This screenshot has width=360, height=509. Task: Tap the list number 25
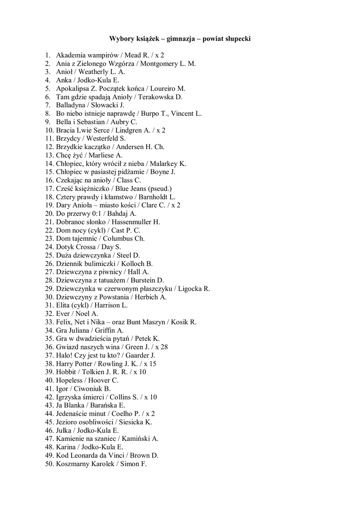49,255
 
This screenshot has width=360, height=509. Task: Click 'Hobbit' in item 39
66,372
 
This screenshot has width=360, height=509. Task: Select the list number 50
49,464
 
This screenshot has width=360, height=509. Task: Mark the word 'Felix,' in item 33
65,322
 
